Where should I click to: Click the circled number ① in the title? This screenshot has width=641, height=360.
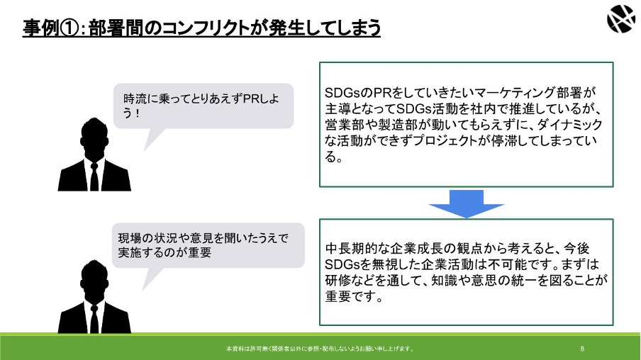[x=69, y=28]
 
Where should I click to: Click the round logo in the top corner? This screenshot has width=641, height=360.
[x=620, y=18]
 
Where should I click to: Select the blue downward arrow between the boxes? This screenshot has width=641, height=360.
[x=466, y=203]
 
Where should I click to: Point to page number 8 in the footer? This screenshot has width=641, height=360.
[x=582, y=349]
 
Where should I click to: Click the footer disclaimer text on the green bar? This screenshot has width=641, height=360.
[x=320, y=349]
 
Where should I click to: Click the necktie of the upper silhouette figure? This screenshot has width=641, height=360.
[x=94, y=176]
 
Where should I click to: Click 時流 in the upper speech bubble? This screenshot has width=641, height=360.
[x=135, y=99]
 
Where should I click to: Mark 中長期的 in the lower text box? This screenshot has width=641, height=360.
[x=351, y=248]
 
